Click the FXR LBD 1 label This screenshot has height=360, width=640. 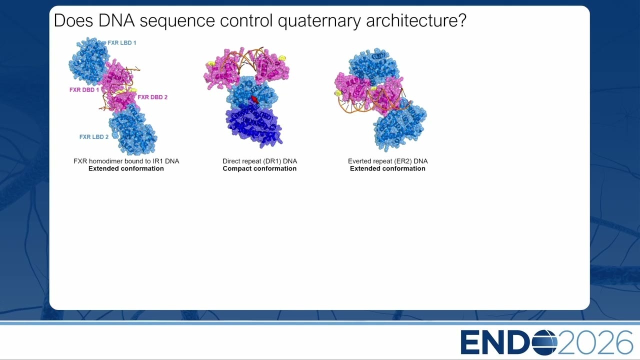[121, 43]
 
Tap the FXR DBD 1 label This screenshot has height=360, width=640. [84, 90]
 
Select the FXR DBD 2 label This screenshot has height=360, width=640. [152, 97]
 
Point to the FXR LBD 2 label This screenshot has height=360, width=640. [94, 137]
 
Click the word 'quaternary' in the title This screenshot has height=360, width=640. [319, 21]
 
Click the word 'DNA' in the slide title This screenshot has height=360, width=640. [116, 20]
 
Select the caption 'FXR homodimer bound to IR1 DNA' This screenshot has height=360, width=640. [126, 161]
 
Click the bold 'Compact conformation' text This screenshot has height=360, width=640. [259, 168]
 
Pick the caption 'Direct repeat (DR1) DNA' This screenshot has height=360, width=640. [259, 161]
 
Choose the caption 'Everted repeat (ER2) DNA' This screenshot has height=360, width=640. [387, 161]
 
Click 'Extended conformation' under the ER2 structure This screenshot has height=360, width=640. [387, 168]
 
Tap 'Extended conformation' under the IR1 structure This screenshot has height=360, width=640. [126, 168]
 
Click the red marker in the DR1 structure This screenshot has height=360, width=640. [254, 99]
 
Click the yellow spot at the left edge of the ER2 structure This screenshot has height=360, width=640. [338, 93]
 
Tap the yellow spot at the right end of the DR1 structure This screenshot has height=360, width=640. [282, 58]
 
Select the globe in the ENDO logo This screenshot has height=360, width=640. [545, 342]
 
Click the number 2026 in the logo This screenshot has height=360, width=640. [595, 342]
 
